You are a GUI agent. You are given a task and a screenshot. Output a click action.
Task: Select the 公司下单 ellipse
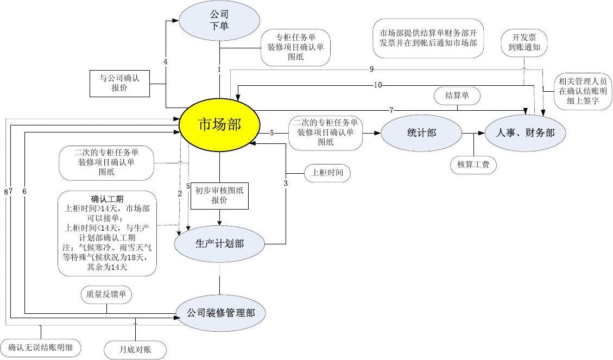click(219, 21)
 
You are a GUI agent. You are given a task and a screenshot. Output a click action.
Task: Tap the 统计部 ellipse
click(421, 132)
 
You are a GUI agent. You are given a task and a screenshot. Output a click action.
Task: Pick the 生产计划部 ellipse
click(219, 244)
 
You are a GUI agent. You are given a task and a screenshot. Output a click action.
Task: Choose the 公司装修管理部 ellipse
click(219, 313)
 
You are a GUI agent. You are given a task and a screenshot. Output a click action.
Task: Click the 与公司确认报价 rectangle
click(119, 83)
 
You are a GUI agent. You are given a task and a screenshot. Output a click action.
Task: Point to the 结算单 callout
click(457, 96)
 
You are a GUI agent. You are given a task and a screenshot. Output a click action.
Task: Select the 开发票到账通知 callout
click(524, 42)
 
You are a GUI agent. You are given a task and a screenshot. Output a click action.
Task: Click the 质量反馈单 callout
click(106, 294)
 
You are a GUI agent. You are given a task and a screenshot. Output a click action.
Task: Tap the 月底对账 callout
click(135, 349)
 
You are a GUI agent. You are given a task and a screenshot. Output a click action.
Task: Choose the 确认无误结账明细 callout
click(41, 346)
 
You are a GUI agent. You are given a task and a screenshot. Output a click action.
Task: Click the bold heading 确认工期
click(107, 199)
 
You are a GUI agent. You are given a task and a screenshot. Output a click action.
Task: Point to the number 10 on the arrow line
click(378, 85)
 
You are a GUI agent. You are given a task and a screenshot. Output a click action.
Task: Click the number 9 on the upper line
click(371, 69)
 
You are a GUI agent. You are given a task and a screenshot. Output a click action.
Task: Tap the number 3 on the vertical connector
click(286, 183)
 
